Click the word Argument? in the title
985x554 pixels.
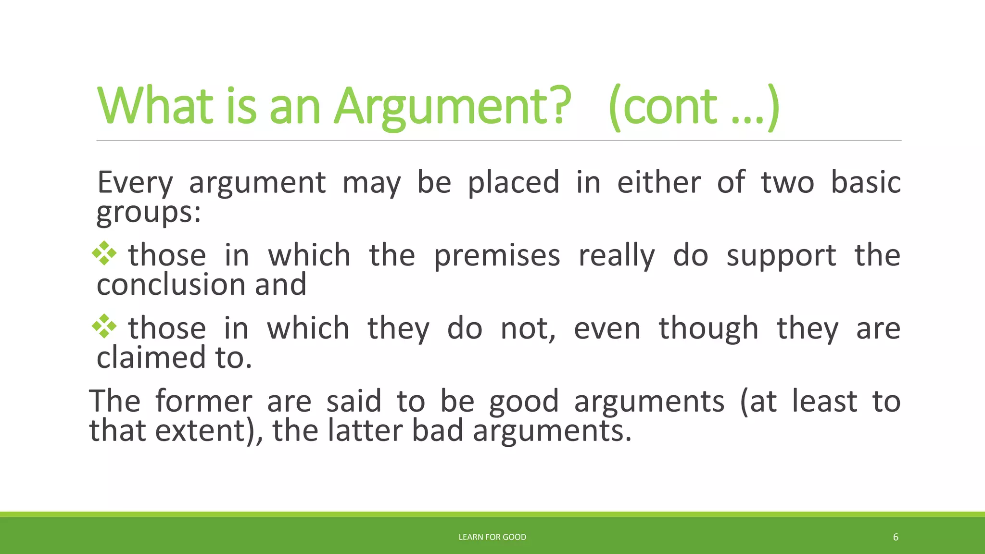(x=453, y=107)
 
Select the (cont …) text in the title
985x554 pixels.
(x=694, y=107)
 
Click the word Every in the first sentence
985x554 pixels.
(x=135, y=183)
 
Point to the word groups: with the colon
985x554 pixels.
(x=149, y=212)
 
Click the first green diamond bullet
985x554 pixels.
(x=104, y=253)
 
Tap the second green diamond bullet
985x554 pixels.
(x=104, y=326)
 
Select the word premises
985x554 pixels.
(x=497, y=255)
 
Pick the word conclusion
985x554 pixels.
(x=171, y=285)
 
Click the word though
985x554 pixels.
(x=708, y=328)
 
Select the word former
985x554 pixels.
(x=203, y=401)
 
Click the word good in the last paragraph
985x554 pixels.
(x=524, y=402)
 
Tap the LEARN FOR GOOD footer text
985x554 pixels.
(x=492, y=537)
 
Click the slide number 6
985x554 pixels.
(x=896, y=537)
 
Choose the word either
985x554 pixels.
(x=659, y=183)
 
